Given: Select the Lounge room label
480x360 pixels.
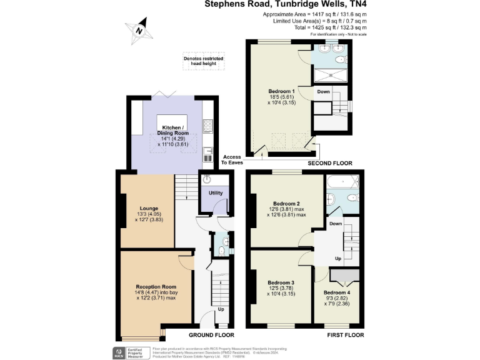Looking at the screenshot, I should click(x=149, y=208).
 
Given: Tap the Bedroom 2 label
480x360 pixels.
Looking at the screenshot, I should click(x=287, y=204).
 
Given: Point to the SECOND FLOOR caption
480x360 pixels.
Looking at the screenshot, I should click(x=330, y=163).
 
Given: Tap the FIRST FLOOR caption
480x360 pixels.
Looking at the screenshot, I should click(x=345, y=335).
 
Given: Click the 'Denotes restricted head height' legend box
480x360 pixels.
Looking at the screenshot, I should click(x=203, y=60).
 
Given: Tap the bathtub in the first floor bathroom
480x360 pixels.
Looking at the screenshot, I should click(x=342, y=182).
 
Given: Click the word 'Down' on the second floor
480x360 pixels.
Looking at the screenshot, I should click(x=323, y=92).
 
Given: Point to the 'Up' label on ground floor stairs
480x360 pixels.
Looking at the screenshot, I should click(x=221, y=309).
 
